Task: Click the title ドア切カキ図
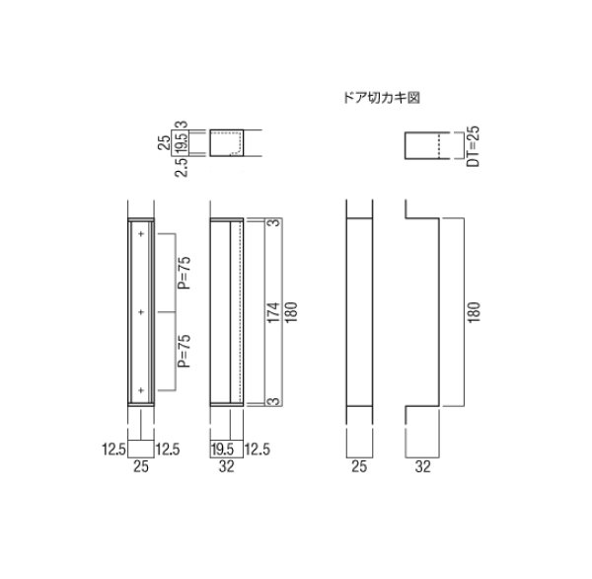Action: point(379,98)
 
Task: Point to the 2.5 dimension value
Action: point(180,168)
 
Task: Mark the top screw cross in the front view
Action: point(142,234)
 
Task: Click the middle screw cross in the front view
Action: point(142,312)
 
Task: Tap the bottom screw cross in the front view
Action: point(142,391)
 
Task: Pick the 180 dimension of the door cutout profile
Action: point(475,314)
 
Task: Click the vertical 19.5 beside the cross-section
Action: point(181,144)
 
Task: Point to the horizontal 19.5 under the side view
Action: point(222,449)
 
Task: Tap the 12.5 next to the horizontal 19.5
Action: point(258,449)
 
